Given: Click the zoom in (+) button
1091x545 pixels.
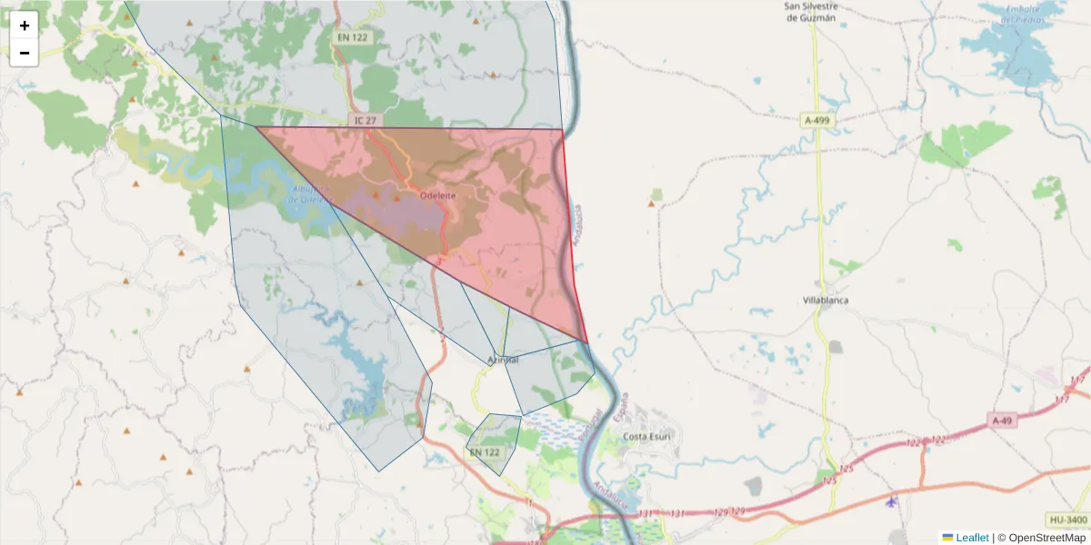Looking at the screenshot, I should pyautogui.click(x=25, y=25).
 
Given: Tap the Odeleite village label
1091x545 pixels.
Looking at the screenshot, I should pyautogui.click(x=437, y=195).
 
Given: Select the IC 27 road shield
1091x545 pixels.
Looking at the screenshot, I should pyautogui.click(x=365, y=120).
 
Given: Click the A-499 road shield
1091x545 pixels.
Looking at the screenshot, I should pyautogui.click(x=816, y=120).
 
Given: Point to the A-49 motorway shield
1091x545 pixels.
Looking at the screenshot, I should pyautogui.click(x=1002, y=420).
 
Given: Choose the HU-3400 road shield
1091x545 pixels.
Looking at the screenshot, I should pyautogui.click(x=1067, y=520).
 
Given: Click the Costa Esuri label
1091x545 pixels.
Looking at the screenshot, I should pyautogui.click(x=646, y=436).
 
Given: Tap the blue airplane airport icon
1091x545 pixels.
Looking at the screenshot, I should pyautogui.click(x=891, y=501).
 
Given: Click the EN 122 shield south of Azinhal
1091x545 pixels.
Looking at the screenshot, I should pyautogui.click(x=484, y=451).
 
